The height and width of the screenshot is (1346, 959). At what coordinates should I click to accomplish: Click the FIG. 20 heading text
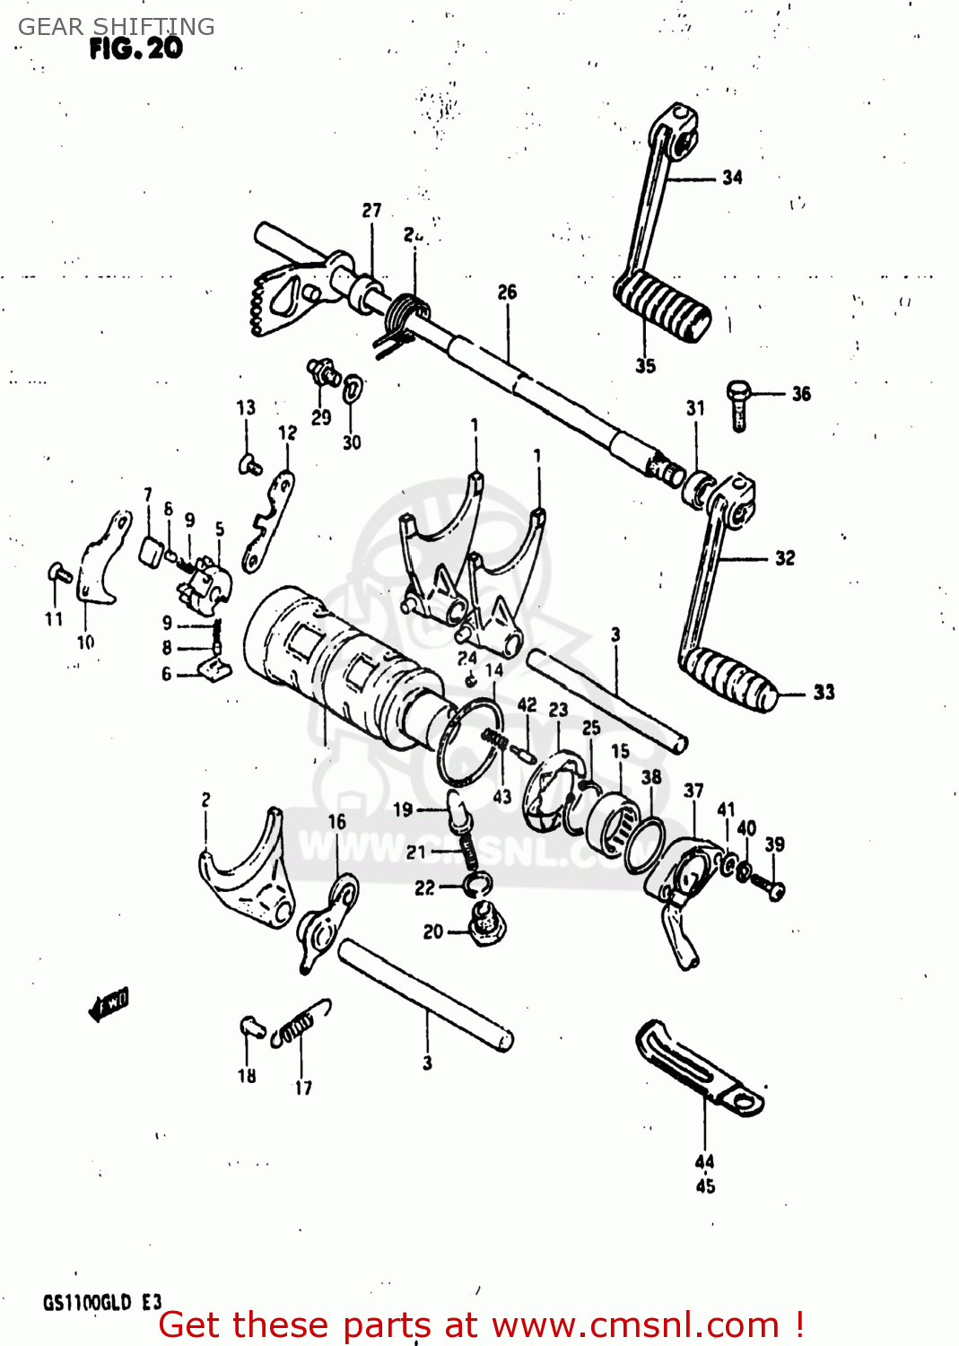coord(135,48)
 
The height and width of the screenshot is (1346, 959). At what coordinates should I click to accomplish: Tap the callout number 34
coord(732,178)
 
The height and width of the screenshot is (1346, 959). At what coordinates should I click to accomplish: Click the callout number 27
coord(371,211)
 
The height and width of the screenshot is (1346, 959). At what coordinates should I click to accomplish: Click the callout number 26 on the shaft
coord(507,293)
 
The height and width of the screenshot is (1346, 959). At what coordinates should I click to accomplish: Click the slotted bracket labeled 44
coord(700,1068)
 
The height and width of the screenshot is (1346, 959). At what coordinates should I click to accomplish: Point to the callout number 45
coord(705,1186)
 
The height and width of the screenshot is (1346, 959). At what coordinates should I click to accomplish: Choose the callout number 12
coord(287,433)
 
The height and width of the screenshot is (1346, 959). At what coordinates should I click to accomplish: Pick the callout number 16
coord(336,822)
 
